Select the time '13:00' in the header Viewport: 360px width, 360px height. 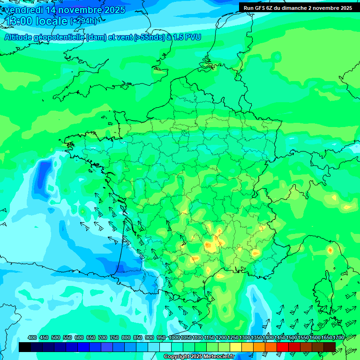coord(18,21)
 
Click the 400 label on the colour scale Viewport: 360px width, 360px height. coord(32,337)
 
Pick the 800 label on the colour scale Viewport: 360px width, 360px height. coord(126,337)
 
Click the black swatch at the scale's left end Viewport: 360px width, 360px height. coord(25,347)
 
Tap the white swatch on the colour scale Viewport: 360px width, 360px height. coord(165,347)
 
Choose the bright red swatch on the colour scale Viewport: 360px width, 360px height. coord(283,347)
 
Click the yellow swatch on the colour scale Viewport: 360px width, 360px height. coord(236,347)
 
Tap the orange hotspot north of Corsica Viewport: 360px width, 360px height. coord(330,250)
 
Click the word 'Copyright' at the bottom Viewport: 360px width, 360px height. coord(177,357)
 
